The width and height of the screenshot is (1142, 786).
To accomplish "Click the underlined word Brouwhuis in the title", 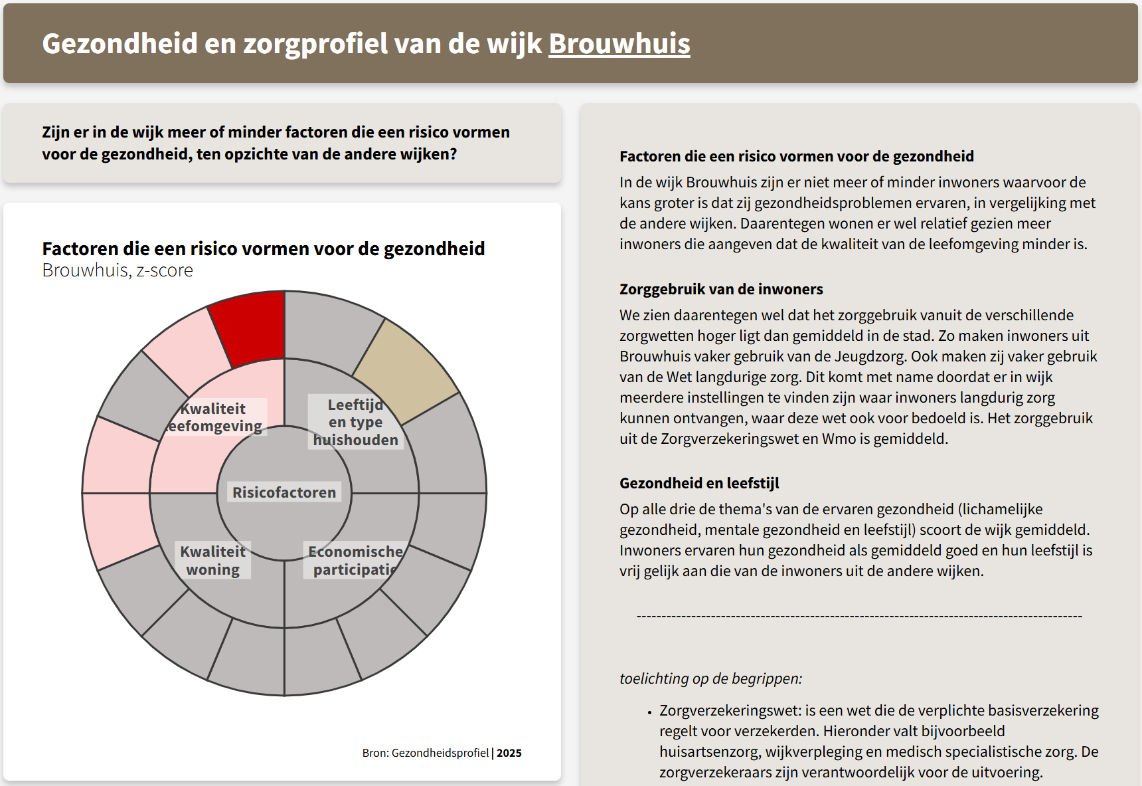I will [619, 44].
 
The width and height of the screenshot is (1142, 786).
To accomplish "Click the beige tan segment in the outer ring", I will [405, 370].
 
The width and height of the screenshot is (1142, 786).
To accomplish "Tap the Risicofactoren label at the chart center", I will [284, 492].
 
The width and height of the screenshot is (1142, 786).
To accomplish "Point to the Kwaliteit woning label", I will [212, 560].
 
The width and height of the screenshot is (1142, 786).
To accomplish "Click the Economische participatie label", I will [355, 560].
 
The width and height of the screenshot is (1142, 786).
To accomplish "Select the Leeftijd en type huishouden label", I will [355, 422].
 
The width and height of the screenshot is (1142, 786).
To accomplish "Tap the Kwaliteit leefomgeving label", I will [214, 417].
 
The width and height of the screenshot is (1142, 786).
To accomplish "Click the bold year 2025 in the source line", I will [509, 753].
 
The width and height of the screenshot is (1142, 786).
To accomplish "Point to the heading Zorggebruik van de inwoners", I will [721, 289].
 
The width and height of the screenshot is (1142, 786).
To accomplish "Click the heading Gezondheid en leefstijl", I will [699, 483].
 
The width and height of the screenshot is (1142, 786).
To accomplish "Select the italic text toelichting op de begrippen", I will [710, 678].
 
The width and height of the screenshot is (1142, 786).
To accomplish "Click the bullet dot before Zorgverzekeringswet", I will [649, 712].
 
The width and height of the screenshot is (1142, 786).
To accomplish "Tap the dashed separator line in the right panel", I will [859, 617].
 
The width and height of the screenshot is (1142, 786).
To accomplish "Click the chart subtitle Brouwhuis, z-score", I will [118, 270].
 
